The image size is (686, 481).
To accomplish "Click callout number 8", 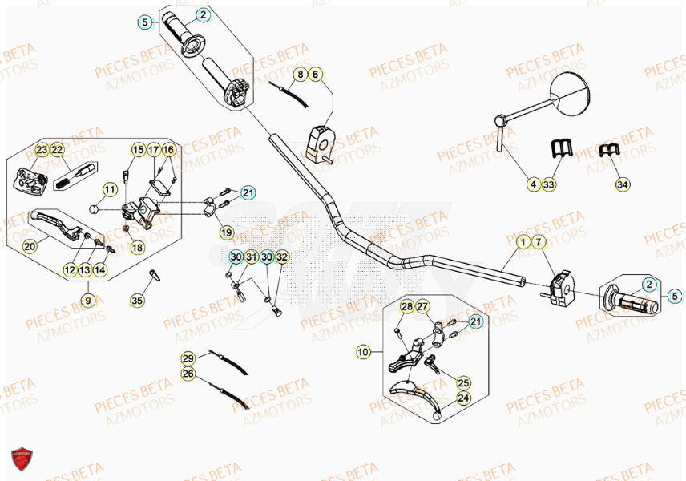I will tap(299, 75).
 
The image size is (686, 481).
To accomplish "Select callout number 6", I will tap(315, 75).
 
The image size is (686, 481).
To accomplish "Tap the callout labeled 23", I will tap(42, 150).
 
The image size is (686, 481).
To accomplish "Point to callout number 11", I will tap(109, 190).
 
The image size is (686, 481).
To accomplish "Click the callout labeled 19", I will tap(226, 233).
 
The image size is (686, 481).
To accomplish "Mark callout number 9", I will tap(87, 301).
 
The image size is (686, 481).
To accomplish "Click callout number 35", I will tap(138, 301).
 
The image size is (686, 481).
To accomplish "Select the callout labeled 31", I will tap(252, 257).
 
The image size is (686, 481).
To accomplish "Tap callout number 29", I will tap(188, 358).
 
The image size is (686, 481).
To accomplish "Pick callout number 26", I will tap(188, 374).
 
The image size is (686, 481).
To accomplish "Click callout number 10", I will tap(363, 351).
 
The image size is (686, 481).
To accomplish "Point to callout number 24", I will tap(463, 398).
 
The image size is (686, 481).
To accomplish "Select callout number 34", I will tap(622, 185).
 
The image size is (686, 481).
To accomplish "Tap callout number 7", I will tap(539, 241).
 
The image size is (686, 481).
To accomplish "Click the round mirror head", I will tap(571, 90).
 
